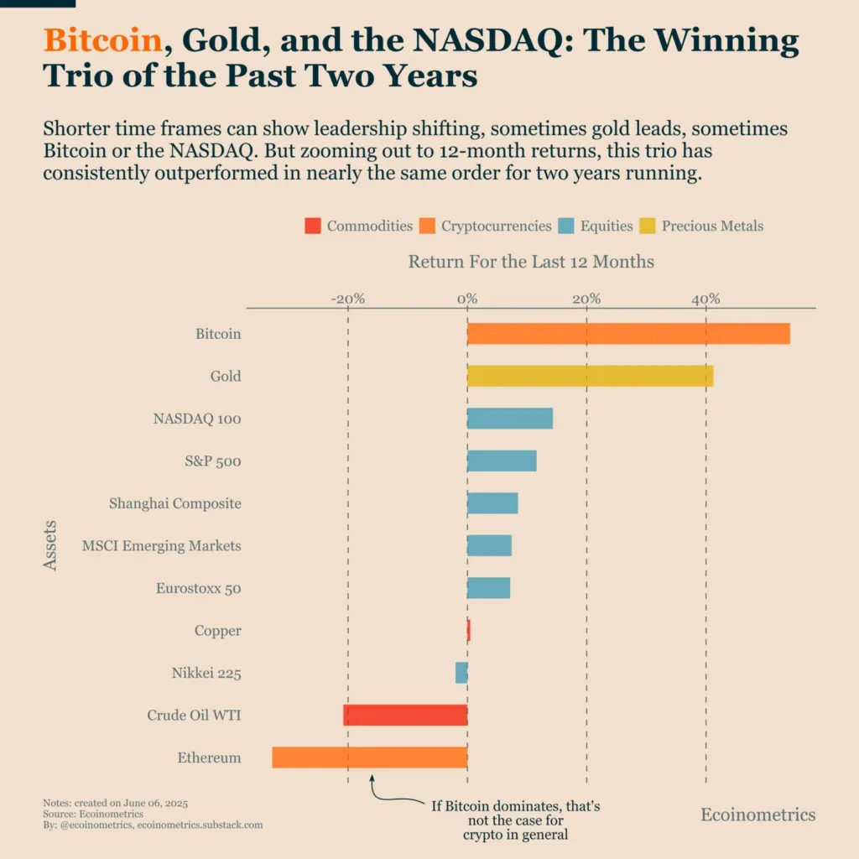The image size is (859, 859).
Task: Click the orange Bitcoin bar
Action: (628, 334)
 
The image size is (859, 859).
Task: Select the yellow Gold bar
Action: (590, 376)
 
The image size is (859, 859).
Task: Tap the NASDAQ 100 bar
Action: (509, 419)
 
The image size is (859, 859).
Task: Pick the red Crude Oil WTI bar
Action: (405, 715)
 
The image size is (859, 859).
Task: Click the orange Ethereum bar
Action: (369, 757)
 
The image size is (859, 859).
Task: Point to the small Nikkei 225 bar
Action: (461, 673)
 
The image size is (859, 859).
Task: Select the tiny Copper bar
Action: (468, 630)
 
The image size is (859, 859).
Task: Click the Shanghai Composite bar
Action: (492, 503)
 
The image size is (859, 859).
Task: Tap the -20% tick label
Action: (347, 299)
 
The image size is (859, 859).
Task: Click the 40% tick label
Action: (705, 299)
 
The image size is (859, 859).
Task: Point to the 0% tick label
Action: (467, 299)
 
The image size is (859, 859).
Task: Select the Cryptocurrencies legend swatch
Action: (427, 226)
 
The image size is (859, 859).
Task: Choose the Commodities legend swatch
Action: (312, 226)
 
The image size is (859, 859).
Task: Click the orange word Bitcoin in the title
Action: (102, 41)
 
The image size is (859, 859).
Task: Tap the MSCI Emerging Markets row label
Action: (161, 546)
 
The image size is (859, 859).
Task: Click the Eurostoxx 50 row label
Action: (198, 588)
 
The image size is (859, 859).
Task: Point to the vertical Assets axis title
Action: (50, 545)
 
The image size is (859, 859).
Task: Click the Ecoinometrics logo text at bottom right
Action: (757, 815)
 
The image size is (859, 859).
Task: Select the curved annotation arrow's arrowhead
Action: (372, 778)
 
